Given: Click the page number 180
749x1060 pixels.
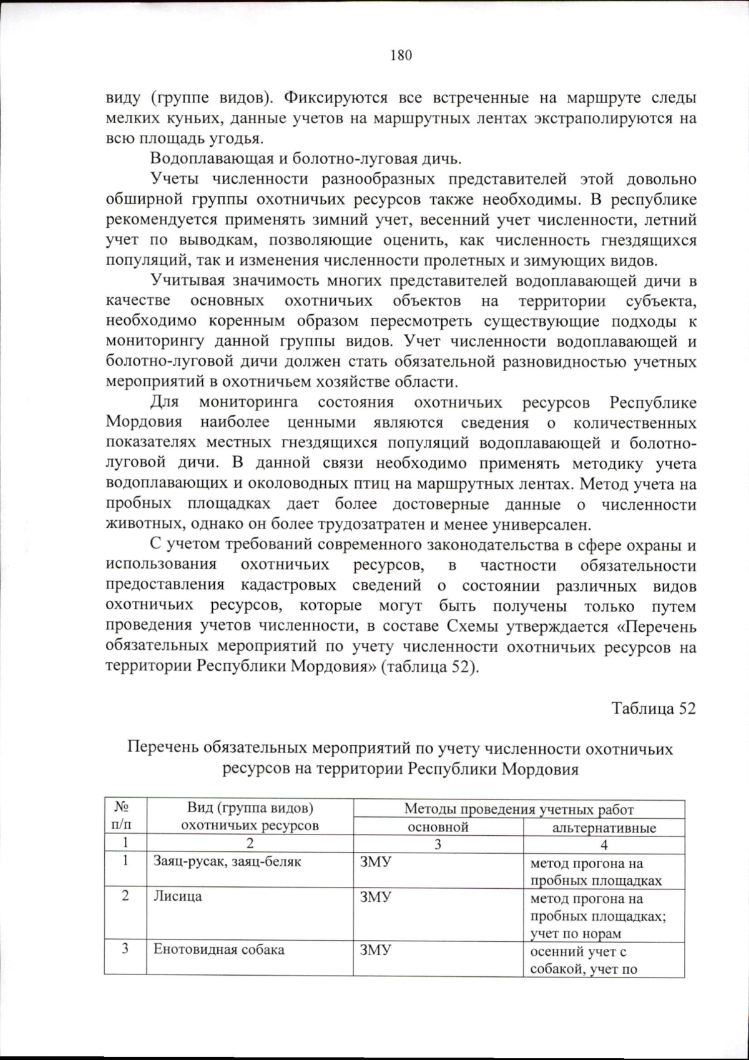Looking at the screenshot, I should [401, 56].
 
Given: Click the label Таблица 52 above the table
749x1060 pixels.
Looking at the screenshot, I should [653, 708].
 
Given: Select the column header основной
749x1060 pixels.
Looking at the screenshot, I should [438, 827].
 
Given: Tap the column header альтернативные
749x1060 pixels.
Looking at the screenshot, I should [604, 828].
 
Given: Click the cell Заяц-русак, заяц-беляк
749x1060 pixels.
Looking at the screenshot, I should [227, 861].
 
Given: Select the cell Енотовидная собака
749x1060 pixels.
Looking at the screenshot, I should [218, 949].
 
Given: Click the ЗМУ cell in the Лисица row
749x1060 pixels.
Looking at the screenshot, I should [375, 897].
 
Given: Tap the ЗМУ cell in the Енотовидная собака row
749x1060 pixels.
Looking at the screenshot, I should [375, 950].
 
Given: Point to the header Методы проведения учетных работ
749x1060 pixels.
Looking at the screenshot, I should [519, 810].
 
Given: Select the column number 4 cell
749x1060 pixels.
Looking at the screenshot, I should [604, 845].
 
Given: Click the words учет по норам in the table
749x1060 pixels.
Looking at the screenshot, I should [575, 934].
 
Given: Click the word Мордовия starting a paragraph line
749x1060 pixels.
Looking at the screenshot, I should [144, 422].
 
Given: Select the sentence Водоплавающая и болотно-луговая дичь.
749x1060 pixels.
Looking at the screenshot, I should [306, 159].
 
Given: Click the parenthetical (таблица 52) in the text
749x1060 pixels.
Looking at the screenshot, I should [429, 666].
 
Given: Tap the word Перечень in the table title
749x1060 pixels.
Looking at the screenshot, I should [164, 748].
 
